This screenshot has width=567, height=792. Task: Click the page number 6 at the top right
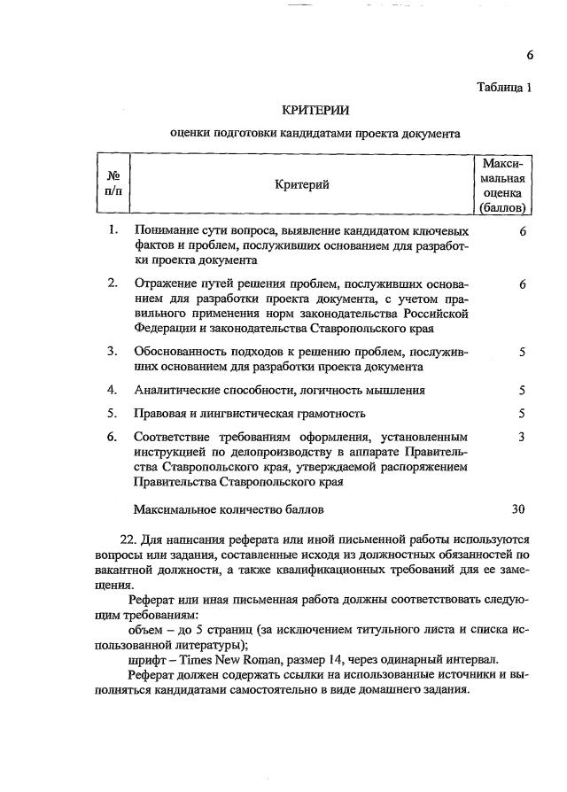(529, 55)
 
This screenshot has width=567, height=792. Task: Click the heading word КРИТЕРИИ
(315, 110)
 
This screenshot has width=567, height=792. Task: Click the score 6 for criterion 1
(523, 231)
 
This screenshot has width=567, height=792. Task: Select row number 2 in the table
(113, 283)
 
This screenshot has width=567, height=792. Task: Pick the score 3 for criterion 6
(523, 436)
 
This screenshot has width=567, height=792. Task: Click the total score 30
(519, 509)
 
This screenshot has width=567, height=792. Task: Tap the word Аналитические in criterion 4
(175, 390)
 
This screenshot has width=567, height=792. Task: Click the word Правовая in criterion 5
(159, 413)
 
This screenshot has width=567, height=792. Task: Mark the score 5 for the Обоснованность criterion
(523, 352)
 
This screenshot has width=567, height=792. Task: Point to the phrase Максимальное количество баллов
(229, 509)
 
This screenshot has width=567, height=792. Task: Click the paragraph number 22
(127, 540)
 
